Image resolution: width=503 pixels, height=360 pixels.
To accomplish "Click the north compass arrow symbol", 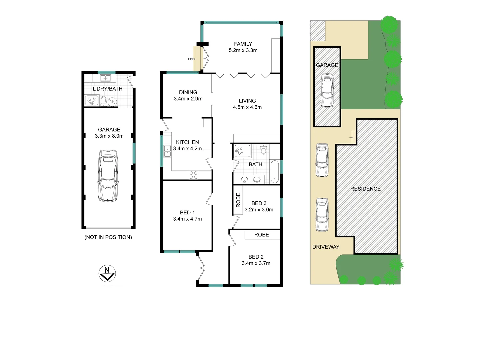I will click(107, 274).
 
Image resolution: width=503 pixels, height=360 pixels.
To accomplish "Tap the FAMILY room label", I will click(243, 44).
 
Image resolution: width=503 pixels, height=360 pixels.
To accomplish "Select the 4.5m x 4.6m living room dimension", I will click(247, 107).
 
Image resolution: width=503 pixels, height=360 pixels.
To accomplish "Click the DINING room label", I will click(188, 92).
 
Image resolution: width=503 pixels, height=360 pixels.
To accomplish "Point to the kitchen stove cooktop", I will click(194, 175).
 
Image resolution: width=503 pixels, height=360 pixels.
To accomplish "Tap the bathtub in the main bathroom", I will click(274, 172).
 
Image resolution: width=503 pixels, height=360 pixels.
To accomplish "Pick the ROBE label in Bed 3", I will click(238, 200).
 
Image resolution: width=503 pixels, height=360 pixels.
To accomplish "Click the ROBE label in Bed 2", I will click(262, 235).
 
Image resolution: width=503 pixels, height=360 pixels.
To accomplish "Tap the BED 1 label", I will click(187, 213).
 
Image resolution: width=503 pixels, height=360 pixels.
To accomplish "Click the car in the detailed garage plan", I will click(108, 176).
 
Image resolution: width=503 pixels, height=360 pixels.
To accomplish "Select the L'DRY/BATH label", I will click(108, 89).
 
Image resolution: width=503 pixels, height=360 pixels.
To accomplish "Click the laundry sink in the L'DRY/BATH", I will click(105, 79).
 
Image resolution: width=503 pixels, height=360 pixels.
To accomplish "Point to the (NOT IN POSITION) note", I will click(108, 237).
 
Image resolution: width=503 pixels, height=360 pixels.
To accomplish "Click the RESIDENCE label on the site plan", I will click(365, 189).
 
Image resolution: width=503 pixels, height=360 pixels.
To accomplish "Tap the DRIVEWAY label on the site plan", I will click(326, 247).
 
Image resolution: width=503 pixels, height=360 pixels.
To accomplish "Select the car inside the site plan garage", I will click(327, 90).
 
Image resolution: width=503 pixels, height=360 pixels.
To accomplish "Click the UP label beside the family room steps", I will click(190, 59).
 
